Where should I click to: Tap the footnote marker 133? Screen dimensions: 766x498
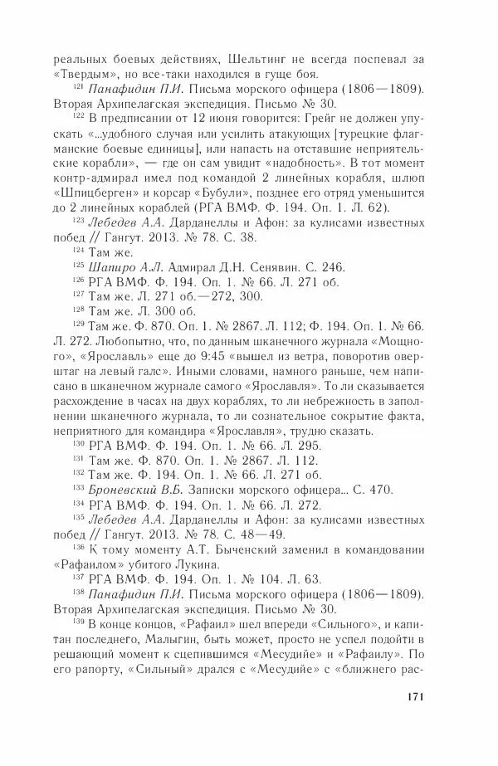click(x=79, y=488)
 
